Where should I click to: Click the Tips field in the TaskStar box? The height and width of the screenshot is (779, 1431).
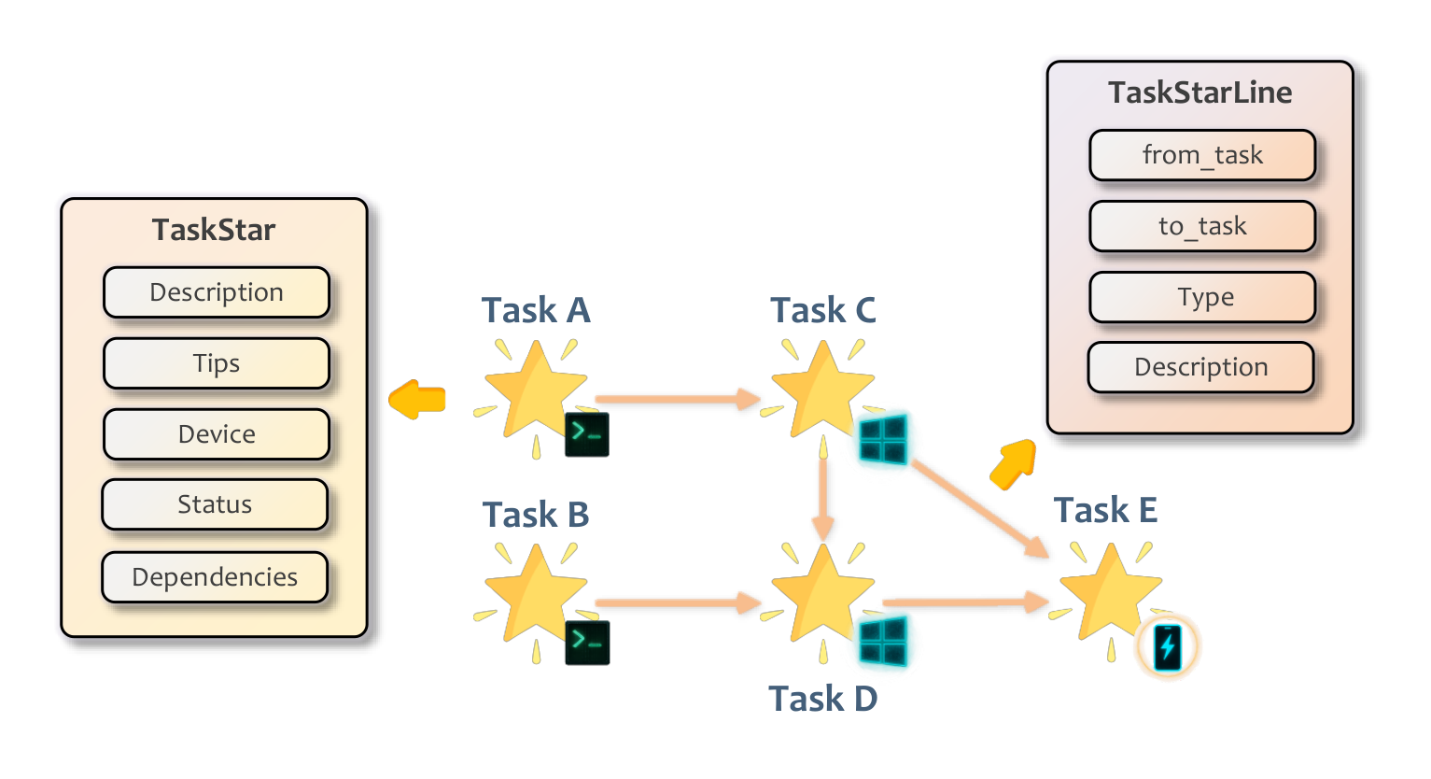[x=217, y=363]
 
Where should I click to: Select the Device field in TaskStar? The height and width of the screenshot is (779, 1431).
[x=217, y=434]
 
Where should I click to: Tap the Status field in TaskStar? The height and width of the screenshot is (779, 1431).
[x=215, y=504]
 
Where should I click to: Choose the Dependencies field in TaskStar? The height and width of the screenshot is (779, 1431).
[x=215, y=577]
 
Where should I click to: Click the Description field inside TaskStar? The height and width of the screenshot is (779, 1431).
[x=217, y=292]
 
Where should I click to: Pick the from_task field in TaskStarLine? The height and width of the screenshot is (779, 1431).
[x=1202, y=155]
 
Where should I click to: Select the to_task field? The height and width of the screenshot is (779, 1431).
[x=1202, y=226]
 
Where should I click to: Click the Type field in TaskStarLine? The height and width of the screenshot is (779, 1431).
[x=1202, y=297]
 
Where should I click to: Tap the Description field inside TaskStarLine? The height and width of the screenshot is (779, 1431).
[x=1200, y=367]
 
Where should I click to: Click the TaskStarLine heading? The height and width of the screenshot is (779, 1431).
[x=1200, y=92]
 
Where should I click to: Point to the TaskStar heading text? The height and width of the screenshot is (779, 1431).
[x=214, y=230]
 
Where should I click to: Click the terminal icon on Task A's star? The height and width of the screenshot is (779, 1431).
[x=587, y=434]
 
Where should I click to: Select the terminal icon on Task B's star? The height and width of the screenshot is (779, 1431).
[x=587, y=643]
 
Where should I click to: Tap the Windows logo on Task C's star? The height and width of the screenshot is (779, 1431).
[x=882, y=440]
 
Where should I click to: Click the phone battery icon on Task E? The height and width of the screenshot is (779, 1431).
[x=1167, y=646]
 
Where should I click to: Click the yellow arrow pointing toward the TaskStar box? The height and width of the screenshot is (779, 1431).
[x=417, y=400]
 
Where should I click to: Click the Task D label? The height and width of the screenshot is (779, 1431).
[x=822, y=699]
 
